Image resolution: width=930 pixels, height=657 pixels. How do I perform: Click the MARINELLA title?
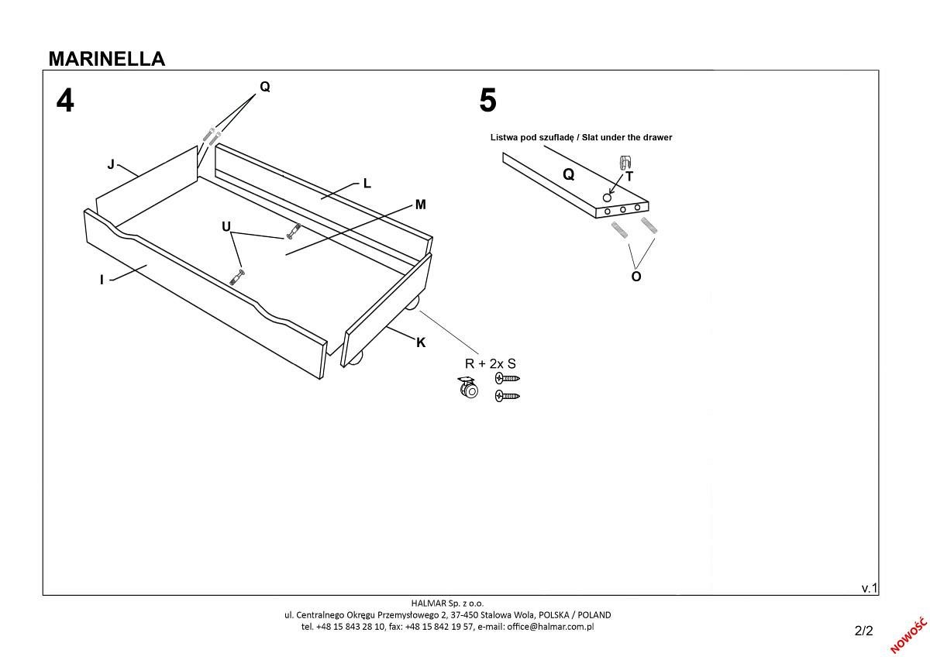106,59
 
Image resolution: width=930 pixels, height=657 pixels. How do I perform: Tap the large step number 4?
65,101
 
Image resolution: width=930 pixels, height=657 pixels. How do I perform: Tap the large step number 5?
487,101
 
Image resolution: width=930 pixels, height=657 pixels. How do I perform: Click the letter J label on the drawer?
111,164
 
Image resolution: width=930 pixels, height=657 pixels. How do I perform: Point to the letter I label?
102,280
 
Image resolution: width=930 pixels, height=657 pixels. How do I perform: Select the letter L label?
367,184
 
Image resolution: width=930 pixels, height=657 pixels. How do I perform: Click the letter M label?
420,205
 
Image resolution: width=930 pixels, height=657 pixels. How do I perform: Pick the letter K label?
421,342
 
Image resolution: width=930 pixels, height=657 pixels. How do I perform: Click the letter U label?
226,226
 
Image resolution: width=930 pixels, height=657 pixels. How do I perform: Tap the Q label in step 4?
264,87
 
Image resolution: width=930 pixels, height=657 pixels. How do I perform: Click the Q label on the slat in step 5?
568,174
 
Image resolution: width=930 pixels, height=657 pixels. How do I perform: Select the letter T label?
629,177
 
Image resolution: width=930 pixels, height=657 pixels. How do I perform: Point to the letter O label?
636,276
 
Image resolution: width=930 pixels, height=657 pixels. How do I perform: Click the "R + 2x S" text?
490,363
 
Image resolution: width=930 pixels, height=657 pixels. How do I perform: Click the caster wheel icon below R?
468,388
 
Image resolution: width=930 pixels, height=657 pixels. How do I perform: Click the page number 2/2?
863,630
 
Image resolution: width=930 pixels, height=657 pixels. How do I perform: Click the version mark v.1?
869,588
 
